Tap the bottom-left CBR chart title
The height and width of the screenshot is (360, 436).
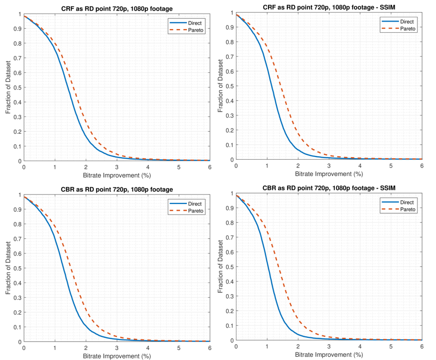(x=117, y=189)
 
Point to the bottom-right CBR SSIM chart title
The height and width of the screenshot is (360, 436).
(x=329, y=188)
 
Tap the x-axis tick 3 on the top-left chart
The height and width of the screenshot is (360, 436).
(x=117, y=167)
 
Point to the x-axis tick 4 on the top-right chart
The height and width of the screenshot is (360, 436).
(x=360, y=166)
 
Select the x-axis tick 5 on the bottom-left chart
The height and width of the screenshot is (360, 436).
(x=179, y=347)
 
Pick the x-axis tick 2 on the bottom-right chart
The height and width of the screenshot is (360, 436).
(x=298, y=346)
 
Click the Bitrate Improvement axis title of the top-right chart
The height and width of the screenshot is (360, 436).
(x=329, y=174)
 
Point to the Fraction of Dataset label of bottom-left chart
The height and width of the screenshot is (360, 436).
(x=8, y=268)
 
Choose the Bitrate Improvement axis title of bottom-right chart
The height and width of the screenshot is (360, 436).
(x=329, y=354)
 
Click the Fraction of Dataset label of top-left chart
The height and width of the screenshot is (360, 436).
(x=8, y=88)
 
